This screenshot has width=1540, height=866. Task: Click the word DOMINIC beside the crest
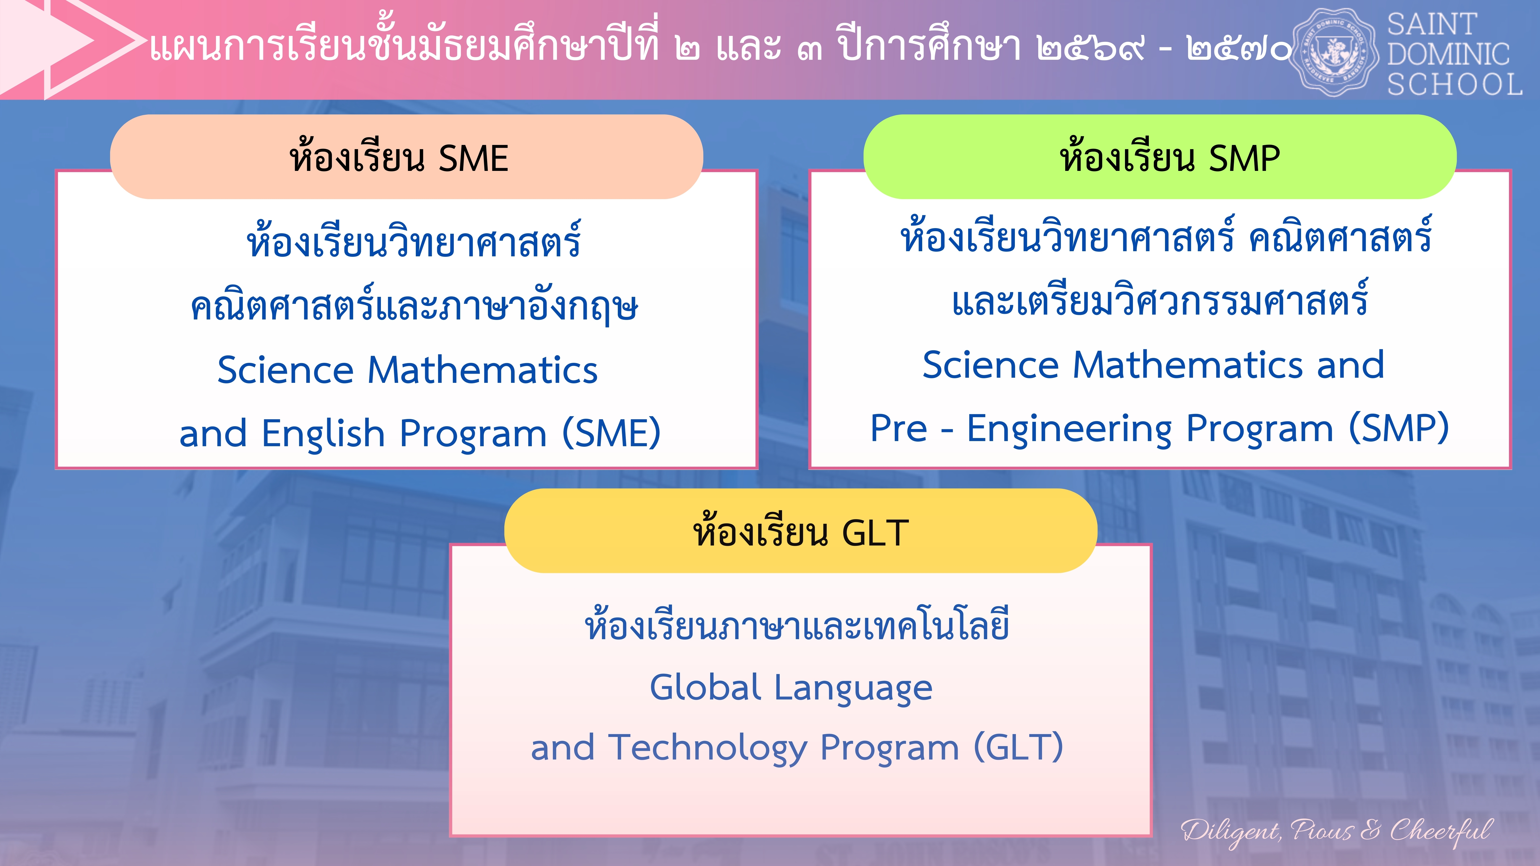pos(1448,54)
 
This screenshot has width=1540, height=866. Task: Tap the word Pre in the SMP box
pos(899,428)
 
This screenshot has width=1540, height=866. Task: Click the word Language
pos(854,688)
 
